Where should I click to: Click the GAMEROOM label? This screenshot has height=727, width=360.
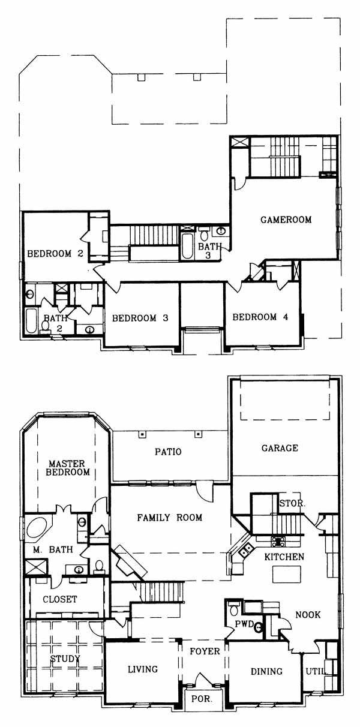pos(286,220)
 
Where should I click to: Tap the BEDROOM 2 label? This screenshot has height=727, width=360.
pos(55,254)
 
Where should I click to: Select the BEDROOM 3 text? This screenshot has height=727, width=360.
pos(140,318)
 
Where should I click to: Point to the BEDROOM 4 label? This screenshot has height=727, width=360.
pos(260,317)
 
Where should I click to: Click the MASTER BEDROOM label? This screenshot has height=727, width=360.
pos(68,468)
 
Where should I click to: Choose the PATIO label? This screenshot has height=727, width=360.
pos(168,452)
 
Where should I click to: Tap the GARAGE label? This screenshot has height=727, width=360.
pos(280,448)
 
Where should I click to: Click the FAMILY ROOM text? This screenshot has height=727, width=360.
pos(169,517)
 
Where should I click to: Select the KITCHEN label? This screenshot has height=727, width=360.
pos(284,557)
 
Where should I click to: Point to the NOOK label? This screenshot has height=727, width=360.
pos(308,615)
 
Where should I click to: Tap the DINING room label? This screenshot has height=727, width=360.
pos(266,671)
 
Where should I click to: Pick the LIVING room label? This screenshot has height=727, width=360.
pos(143,669)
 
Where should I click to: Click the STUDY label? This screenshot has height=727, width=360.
pos(65,659)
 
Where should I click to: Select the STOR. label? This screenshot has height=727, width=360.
pos(292,503)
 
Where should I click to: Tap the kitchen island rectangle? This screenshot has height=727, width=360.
pos(286,575)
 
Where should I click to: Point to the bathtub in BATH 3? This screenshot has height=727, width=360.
pos(187,247)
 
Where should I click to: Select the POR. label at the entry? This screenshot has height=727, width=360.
pos(202,699)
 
